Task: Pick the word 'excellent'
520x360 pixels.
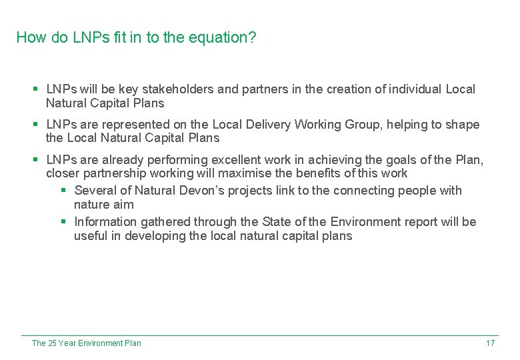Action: pyautogui.click(x=241, y=160)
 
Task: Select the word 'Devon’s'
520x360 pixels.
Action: pyautogui.click(x=201, y=191)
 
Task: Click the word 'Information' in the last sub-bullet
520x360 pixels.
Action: pyautogui.click(x=105, y=222)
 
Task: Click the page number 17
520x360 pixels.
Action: pyautogui.click(x=490, y=343)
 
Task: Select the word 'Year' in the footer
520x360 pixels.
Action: pyautogui.click(x=67, y=343)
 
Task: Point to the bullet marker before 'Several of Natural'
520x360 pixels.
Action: pyautogui.click(x=64, y=191)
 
